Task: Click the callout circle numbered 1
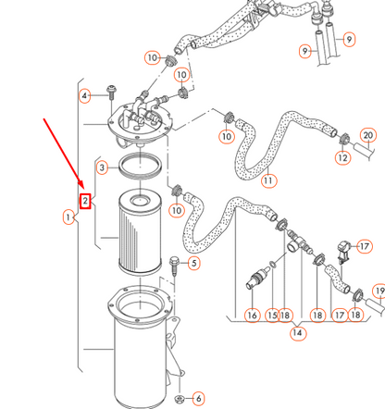(68, 217)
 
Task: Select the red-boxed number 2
(84, 200)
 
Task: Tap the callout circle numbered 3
(103, 167)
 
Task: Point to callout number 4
(85, 95)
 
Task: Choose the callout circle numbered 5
(194, 264)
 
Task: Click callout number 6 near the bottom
(197, 399)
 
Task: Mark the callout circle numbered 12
(342, 158)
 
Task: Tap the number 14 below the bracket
(297, 332)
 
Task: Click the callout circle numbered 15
(272, 316)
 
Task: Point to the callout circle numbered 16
(252, 316)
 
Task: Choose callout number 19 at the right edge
(379, 316)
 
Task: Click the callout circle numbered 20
(368, 136)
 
